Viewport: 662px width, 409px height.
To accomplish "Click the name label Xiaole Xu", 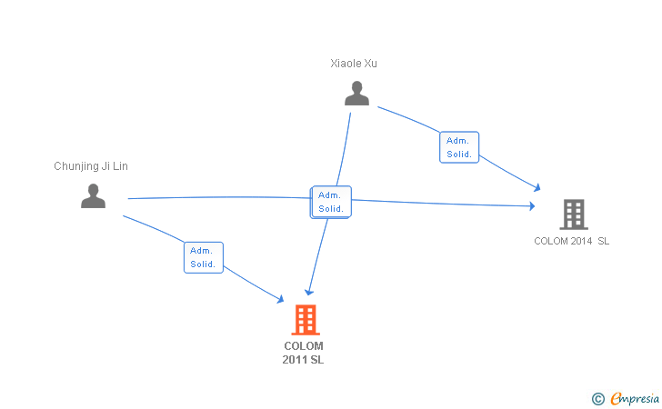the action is click(x=354, y=64).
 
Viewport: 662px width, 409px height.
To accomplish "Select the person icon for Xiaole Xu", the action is click(x=357, y=94).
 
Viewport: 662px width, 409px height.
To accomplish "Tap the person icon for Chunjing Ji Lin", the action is click(x=93, y=196).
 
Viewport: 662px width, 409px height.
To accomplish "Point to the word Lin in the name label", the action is click(x=119, y=166).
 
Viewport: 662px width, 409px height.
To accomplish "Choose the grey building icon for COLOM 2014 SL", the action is click(x=573, y=214).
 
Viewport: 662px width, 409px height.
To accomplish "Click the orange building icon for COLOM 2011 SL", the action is click(x=306, y=320).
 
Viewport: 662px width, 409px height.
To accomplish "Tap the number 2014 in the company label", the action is click(x=580, y=241).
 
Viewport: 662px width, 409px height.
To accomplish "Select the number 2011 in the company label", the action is click(x=294, y=360).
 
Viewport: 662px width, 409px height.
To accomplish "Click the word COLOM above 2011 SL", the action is click(x=304, y=346).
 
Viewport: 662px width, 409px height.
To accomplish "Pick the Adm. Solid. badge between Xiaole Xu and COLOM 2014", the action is click(x=459, y=147).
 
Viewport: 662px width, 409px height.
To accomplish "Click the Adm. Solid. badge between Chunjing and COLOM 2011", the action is click(x=203, y=257).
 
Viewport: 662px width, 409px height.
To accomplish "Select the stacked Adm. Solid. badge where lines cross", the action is click(x=330, y=202).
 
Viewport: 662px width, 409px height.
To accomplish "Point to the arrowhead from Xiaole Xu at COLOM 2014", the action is click(x=537, y=187).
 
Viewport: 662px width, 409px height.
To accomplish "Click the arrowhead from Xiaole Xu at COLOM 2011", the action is click(x=309, y=292).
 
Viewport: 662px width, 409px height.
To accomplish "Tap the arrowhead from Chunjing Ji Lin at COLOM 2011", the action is click(x=281, y=299).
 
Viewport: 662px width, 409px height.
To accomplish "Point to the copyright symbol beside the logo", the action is click(x=597, y=398).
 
